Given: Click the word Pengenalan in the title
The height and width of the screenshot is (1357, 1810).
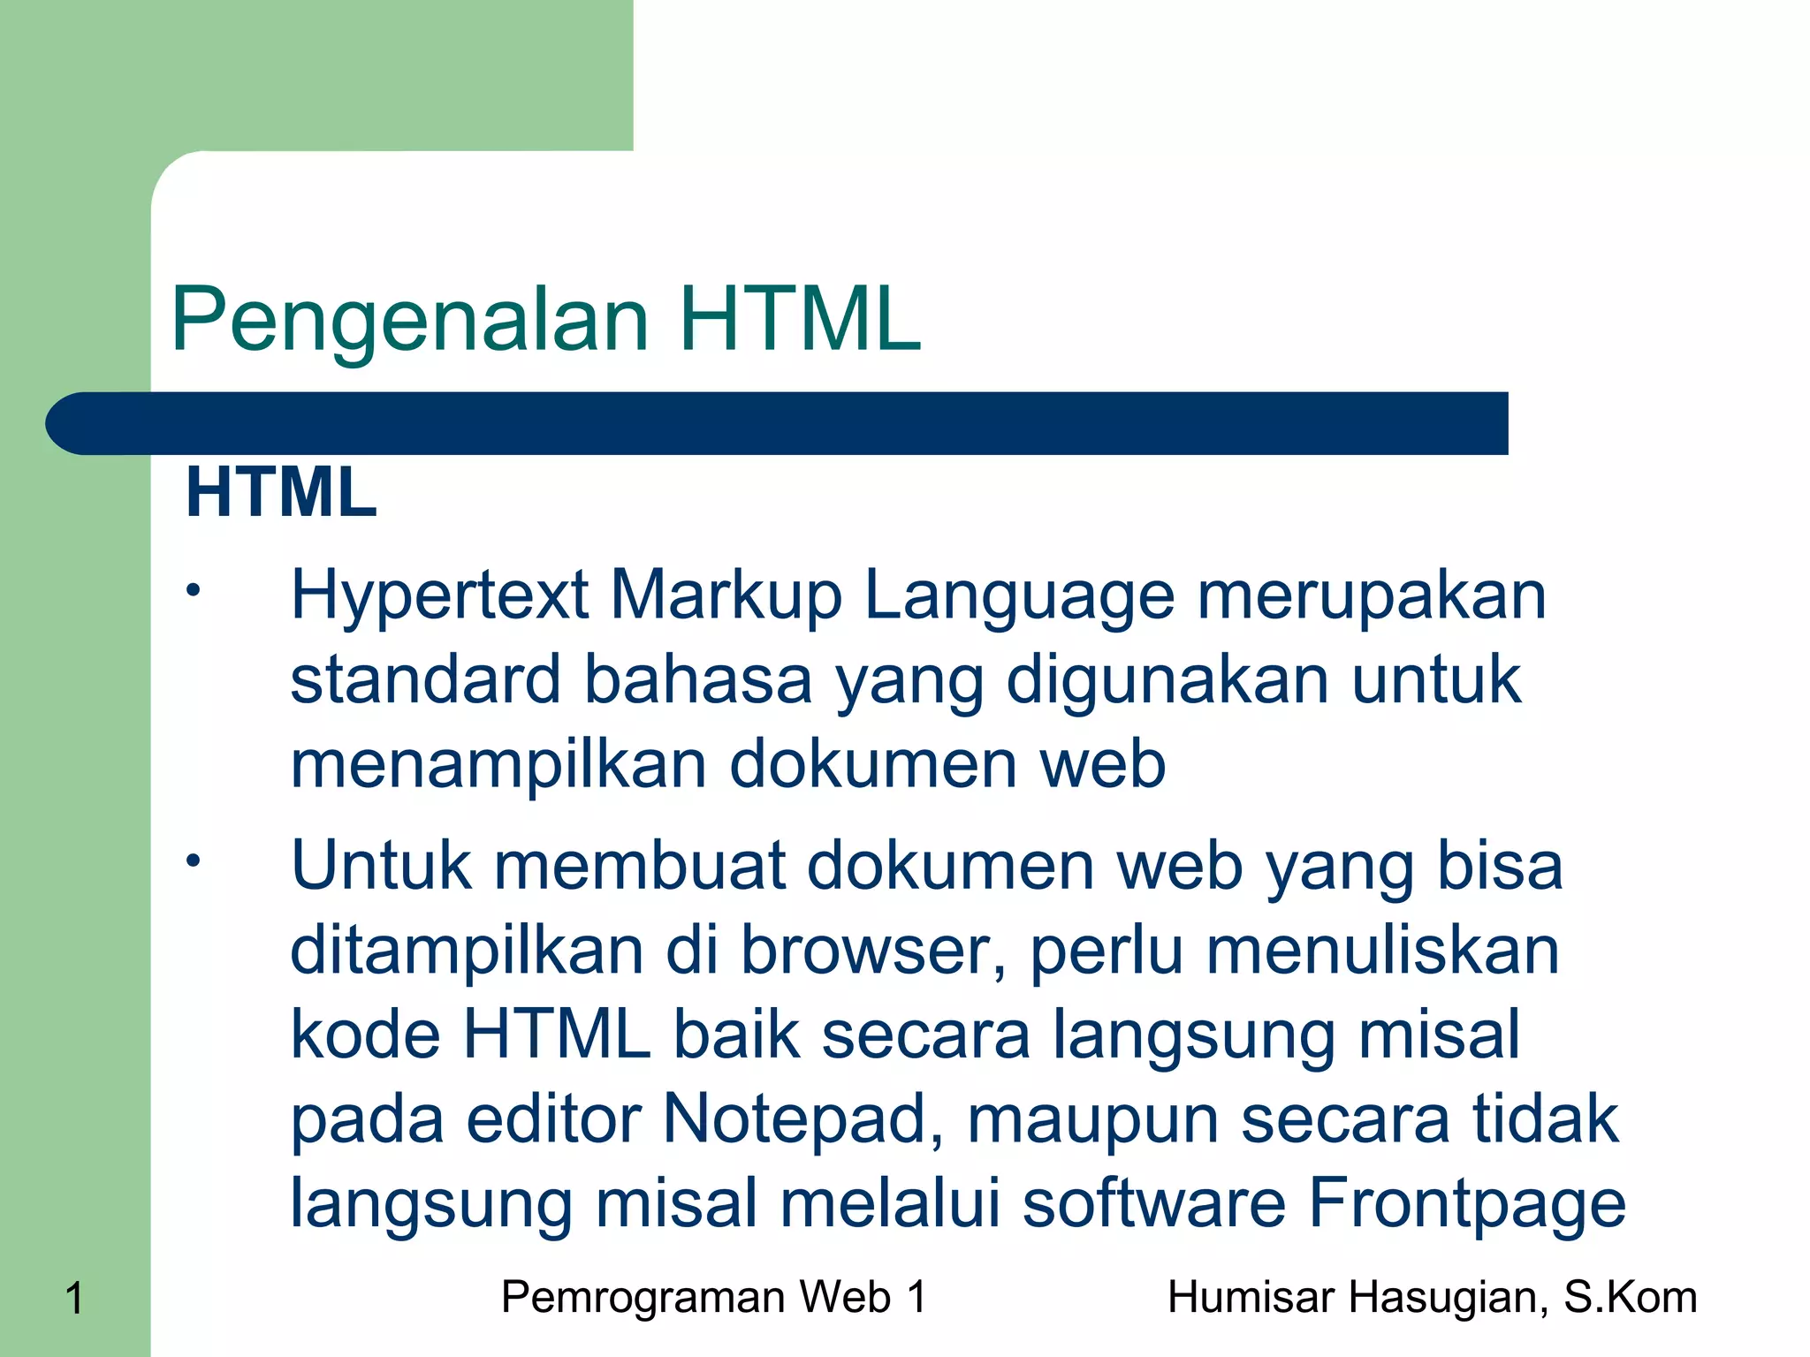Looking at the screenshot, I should (410, 320).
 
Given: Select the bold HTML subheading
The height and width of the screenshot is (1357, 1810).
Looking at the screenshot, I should (281, 492).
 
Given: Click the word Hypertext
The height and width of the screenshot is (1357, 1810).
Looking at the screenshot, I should (439, 595).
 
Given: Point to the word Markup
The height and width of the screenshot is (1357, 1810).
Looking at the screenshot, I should (726, 595).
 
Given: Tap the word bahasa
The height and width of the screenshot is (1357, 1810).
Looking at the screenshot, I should (698, 679).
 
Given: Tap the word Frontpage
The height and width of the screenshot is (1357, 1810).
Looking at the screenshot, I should (1466, 1204).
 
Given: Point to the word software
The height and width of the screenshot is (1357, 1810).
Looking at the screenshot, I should (1153, 1202).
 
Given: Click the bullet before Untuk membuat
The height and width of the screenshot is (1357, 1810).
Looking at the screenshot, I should (194, 860).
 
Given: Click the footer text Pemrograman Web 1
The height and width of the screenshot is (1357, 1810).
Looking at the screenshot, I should (714, 1298).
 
